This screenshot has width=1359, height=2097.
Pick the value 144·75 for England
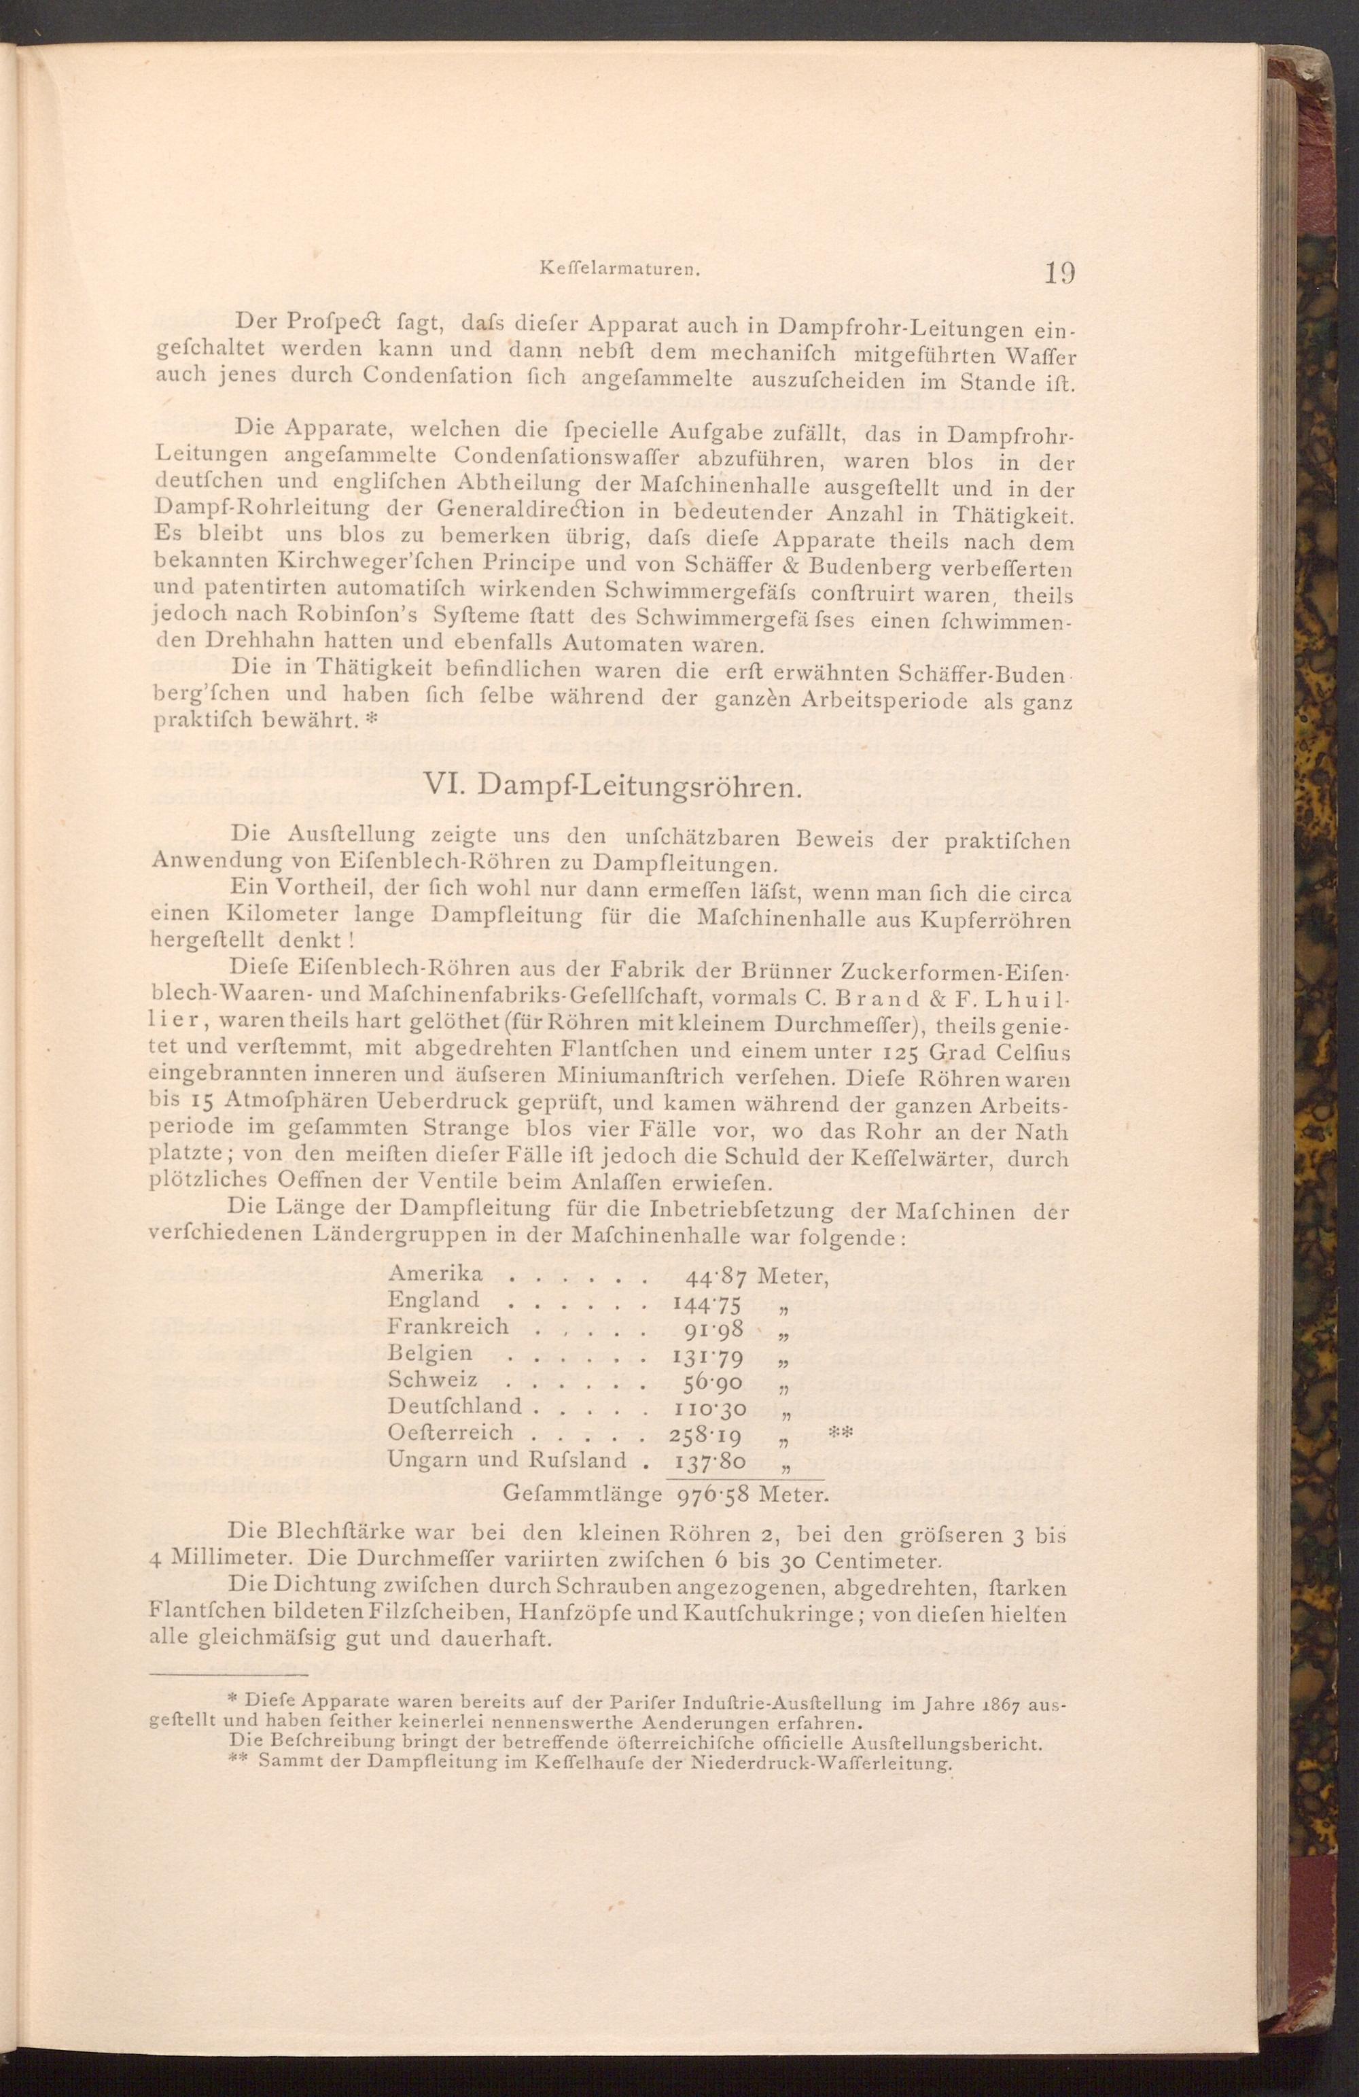[x=708, y=1302]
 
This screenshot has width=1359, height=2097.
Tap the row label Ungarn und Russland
[x=508, y=1460]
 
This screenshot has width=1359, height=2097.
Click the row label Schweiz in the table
[x=432, y=1380]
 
